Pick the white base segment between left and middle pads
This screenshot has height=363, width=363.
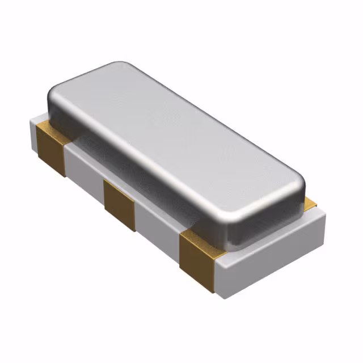(x=85, y=170)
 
